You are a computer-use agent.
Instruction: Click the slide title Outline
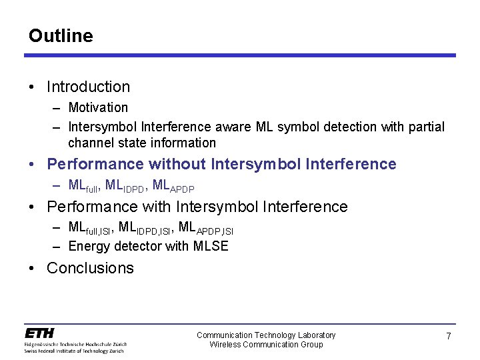[x=61, y=35]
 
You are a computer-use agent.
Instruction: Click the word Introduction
[x=88, y=87]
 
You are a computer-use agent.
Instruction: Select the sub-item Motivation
[x=98, y=107]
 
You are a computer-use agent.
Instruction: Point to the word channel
[x=89, y=143]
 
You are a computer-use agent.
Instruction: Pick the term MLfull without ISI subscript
[x=83, y=185]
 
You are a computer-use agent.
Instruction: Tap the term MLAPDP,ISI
[x=206, y=228]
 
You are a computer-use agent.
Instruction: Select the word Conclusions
[x=90, y=268]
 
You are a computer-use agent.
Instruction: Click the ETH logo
[x=40, y=333]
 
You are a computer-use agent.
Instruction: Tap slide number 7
[x=449, y=337]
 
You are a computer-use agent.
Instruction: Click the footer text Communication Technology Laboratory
[x=266, y=335]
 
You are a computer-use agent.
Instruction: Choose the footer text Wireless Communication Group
[x=266, y=344]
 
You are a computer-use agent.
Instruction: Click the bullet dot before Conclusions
[x=32, y=268]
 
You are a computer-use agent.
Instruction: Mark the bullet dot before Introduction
[x=32, y=87]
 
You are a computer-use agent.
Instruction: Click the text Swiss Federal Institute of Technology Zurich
[x=75, y=349]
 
